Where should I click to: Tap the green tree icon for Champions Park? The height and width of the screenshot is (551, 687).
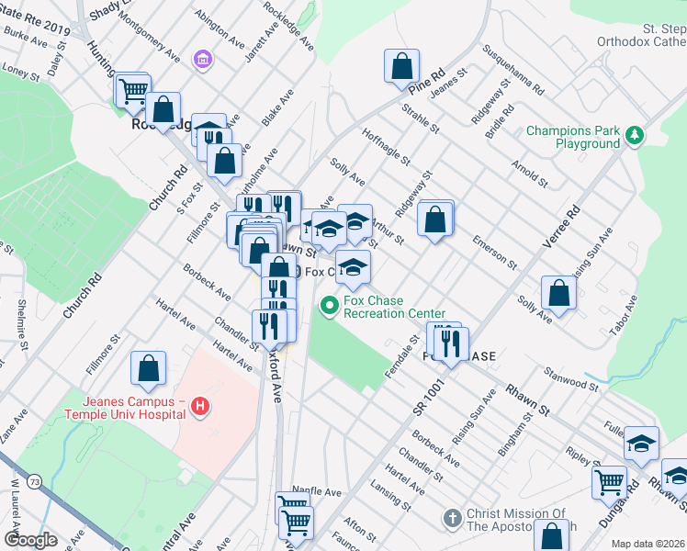pyautogui.click(x=633, y=136)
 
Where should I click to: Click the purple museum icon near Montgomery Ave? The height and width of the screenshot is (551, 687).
pyautogui.click(x=201, y=60)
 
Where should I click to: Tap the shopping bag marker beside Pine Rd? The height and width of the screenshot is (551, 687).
pyautogui.click(x=401, y=67)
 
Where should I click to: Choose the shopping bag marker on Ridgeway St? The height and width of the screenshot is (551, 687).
pyautogui.click(x=436, y=219)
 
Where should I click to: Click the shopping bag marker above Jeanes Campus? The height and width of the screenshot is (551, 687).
pyautogui.click(x=148, y=370)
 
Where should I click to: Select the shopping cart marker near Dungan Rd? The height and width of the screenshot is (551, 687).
pyautogui.click(x=609, y=482)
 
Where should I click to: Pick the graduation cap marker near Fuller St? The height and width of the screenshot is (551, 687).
pyautogui.click(x=641, y=445)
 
